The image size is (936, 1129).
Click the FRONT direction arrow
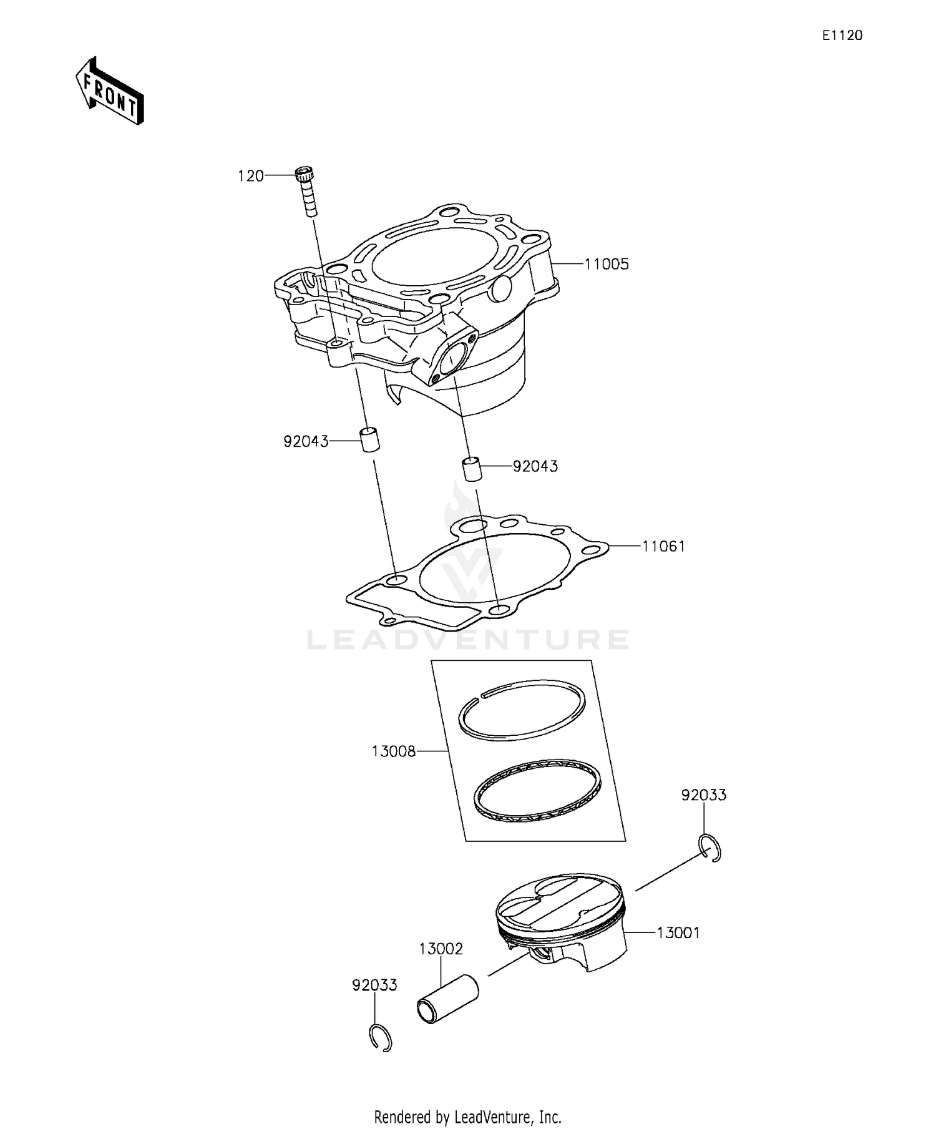110,92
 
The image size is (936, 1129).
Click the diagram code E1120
842,36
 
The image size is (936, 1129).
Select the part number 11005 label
607,264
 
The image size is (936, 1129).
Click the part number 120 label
251,177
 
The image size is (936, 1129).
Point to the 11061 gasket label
664,547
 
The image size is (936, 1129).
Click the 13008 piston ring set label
393,751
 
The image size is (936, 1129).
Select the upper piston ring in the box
522,710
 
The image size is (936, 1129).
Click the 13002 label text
441,949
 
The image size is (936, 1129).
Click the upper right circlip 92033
710,848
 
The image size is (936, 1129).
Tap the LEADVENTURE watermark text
468,639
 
